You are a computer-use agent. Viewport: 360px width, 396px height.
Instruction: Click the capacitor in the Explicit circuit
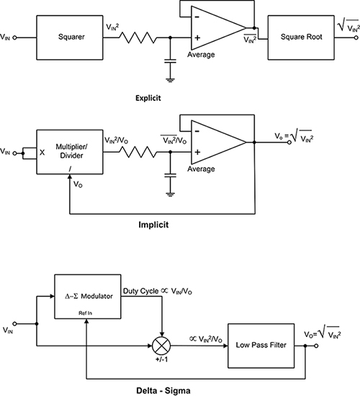pyautogui.click(x=170, y=60)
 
